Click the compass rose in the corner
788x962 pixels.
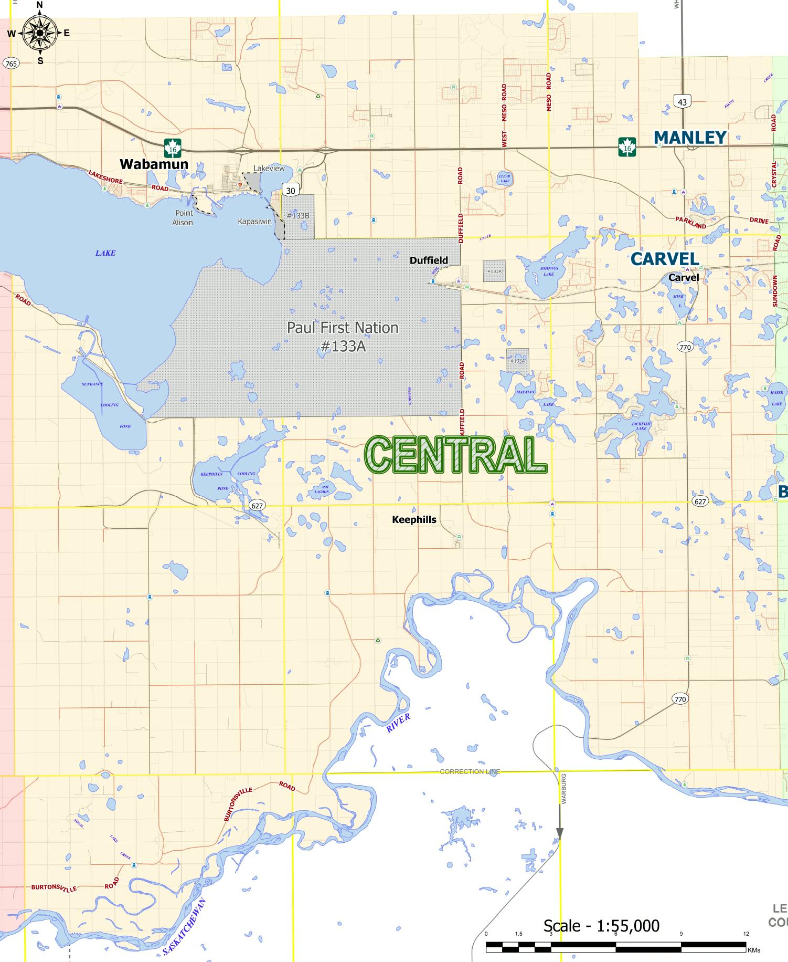[40, 33]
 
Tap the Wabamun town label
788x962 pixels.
[154, 164]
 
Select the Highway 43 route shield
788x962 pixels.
[682, 102]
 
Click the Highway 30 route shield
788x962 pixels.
[290, 191]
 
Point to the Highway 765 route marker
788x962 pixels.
[10, 64]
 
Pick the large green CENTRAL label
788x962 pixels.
[455, 455]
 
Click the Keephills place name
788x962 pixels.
[414, 519]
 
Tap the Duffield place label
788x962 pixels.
[429, 260]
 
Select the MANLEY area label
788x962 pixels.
[690, 138]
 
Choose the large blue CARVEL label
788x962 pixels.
[665, 259]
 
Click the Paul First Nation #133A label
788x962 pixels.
[343, 337]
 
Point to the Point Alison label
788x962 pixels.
[183, 217]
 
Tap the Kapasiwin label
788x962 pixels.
[255, 222]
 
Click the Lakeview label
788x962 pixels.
[269, 169]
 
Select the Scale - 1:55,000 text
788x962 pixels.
[601, 925]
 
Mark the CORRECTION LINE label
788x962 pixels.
[470, 771]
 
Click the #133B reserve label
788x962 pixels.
[298, 216]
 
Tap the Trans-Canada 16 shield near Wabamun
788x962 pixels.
[173, 148]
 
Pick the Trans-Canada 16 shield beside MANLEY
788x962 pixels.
[627, 148]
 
